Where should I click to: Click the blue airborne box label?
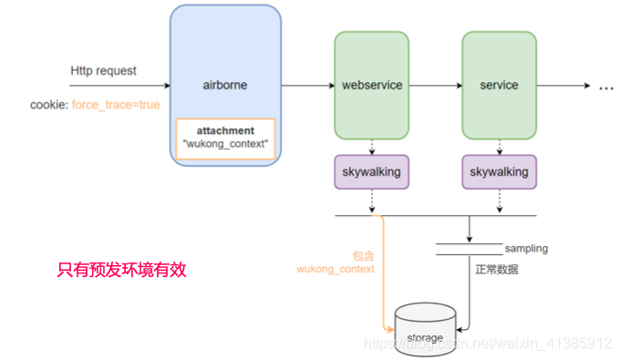[224, 85]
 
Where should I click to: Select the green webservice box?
[371, 85]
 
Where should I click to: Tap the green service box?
[498, 85]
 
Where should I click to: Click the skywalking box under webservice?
[371, 171]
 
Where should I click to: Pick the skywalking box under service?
[498, 171]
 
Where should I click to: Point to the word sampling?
[526, 248]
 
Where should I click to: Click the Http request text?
[103, 70]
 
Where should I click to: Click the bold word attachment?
[225, 131]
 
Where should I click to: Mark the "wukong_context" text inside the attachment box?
[225, 145]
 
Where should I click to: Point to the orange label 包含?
[364, 255]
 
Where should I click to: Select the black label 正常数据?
[498, 269]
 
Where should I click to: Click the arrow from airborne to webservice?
[307, 86]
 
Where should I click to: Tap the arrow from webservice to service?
[434, 86]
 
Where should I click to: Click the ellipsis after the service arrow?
[605, 87]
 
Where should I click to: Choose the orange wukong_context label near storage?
[336, 269]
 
